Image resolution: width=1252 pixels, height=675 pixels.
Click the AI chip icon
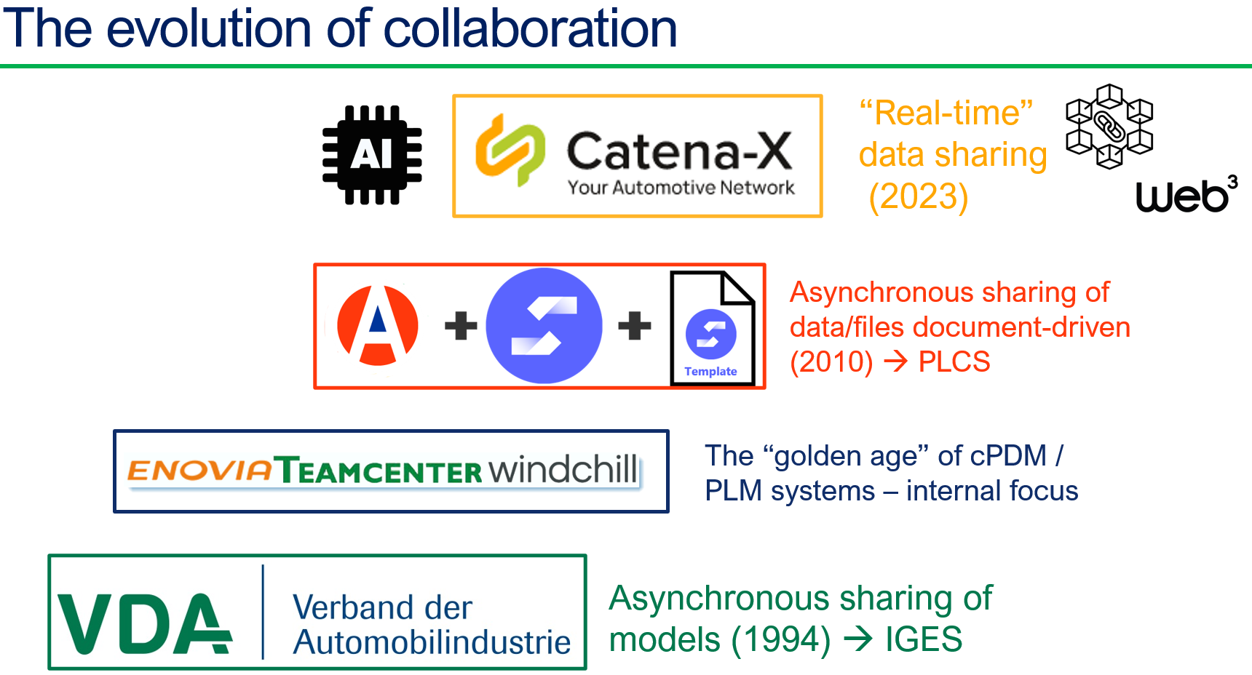372,155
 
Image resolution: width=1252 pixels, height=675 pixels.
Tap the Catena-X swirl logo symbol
510,150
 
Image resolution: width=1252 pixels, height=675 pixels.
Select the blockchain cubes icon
1109,127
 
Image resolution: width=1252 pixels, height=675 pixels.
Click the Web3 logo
1186,195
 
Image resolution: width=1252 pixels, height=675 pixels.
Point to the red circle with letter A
378,325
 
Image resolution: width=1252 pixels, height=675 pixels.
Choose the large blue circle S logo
544,325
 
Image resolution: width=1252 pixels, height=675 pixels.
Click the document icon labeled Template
712,328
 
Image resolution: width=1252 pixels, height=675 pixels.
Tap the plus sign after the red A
461,325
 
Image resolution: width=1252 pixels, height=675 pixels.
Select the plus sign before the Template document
634,325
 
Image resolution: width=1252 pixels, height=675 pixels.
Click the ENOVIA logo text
199,471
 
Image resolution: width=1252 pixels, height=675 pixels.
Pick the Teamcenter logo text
380,471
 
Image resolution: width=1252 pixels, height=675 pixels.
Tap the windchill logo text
563,469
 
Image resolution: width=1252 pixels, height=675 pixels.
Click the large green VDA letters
144,623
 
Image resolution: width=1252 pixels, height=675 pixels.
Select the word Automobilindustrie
432,642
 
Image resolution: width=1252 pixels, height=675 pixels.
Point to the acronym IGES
923,640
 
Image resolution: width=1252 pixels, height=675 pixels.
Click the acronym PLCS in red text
954,362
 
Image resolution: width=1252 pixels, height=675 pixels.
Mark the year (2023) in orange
918,196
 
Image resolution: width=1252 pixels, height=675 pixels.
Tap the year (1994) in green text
781,640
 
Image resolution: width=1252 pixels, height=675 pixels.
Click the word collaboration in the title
530,29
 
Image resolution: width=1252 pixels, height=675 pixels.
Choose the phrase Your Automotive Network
681,188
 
